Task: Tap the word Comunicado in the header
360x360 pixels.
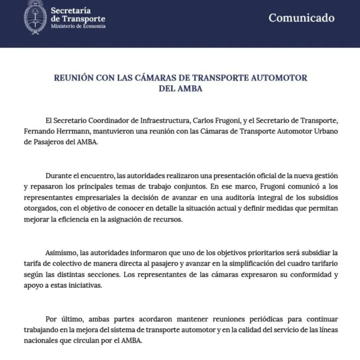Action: (x=301, y=18)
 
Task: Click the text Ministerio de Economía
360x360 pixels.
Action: (x=78, y=26)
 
